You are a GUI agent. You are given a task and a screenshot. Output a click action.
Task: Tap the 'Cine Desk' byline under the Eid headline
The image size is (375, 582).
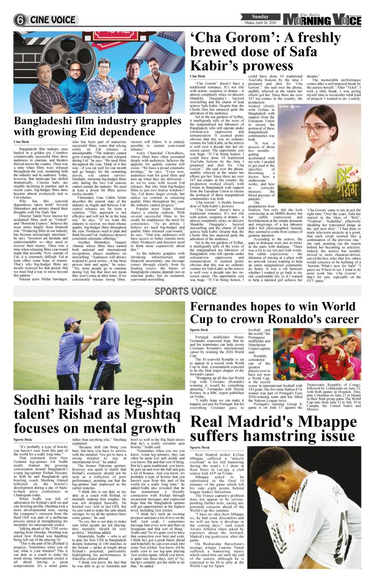click(21, 141)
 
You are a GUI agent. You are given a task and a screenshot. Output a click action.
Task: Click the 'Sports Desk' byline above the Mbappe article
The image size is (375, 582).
click(200, 447)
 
